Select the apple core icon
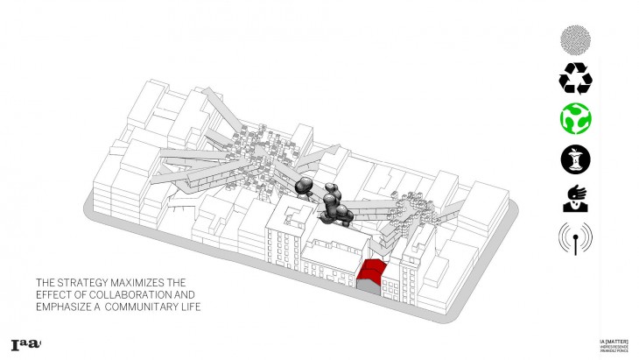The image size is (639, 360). [x=575, y=159]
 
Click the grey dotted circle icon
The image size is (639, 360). [x=575, y=40]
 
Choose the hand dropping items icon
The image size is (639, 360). [x=575, y=198]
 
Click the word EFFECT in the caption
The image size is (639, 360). [x=53, y=294]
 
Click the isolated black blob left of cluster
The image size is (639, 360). [x=305, y=185]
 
